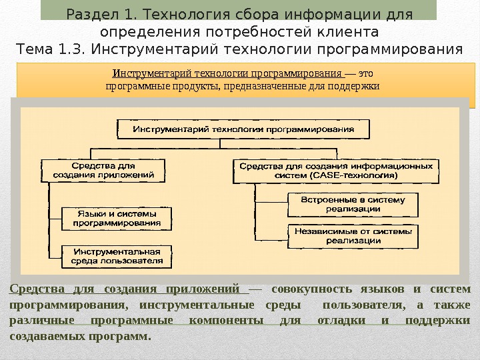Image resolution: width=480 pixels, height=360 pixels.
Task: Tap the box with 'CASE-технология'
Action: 335,171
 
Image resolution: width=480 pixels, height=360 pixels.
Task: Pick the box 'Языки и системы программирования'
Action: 117,218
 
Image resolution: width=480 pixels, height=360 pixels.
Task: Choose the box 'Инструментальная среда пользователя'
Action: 117,257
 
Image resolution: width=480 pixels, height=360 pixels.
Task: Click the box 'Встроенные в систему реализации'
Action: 353,204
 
